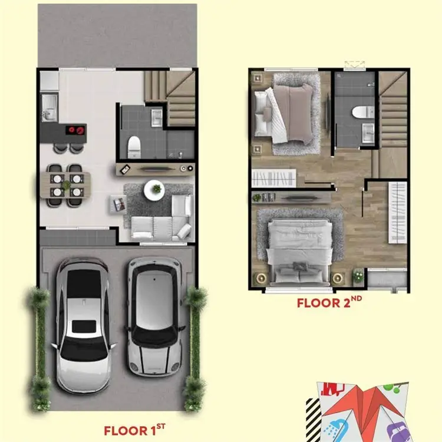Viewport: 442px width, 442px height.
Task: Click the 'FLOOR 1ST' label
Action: [134, 430]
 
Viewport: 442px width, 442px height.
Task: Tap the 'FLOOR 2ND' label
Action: [329, 302]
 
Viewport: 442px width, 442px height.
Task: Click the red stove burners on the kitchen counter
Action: [76, 130]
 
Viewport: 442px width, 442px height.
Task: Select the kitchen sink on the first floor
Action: [50, 108]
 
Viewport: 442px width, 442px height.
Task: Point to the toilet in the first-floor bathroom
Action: [134, 147]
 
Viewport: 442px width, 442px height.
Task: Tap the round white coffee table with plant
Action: [154, 190]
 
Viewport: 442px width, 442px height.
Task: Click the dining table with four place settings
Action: [65, 185]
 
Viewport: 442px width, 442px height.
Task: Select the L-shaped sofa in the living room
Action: [162, 219]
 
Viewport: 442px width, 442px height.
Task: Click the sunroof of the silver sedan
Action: [84, 326]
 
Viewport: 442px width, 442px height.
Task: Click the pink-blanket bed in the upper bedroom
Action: [285, 114]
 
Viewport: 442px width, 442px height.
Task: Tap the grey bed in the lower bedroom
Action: [299, 252]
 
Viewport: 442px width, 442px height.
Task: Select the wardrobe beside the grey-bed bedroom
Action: [397, 212]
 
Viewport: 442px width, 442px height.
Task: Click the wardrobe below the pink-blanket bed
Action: [273, 178]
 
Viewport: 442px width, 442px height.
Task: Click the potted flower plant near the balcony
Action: [358, 275]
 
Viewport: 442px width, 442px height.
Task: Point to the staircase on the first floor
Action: [170, 98]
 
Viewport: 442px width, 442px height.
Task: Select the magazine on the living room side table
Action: [120, 203]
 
